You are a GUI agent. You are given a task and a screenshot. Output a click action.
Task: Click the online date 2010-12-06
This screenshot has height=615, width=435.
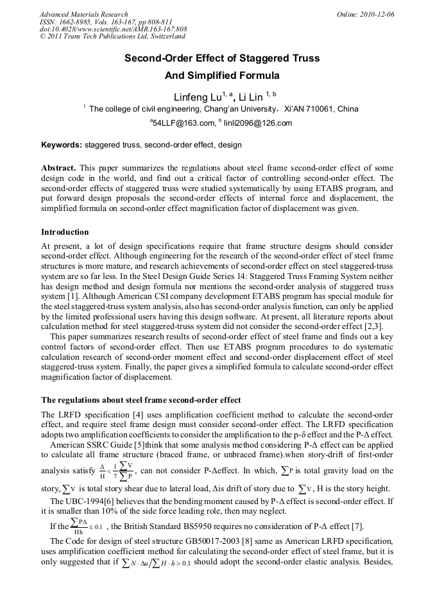(379, 14)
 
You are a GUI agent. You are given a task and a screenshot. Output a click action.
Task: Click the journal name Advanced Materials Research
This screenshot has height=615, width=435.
(83, 14)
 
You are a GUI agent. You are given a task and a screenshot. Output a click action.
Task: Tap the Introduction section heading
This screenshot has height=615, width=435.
(65, 232)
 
